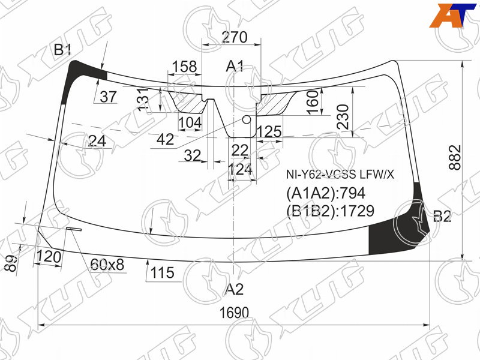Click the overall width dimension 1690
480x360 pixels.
(x=234, y=313)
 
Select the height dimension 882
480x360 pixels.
(x=455, y=158)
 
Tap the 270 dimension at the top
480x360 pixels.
(x=235, y=37)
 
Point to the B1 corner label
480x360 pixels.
(x=62, y=50)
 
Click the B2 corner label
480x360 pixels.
(x=442, y=217)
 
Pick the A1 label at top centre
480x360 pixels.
(x=235, y=66)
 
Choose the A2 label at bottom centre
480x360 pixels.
(x=235, y=289)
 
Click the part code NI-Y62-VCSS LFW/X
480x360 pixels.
(x=340, y=175)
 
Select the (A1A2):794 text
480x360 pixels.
(x=326, y=193)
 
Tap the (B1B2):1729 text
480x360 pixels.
(x=331, y=211)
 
